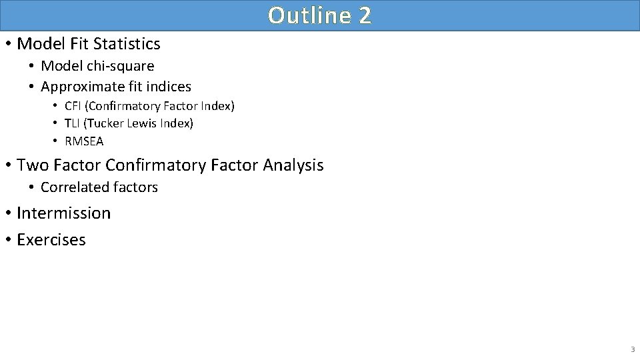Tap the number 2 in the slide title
pos(364,15)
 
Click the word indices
pos(171,87)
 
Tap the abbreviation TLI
pos(73,123)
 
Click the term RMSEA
pos(84,141)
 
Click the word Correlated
pos(72,187)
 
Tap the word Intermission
pos(63,213)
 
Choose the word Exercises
pos(51,240)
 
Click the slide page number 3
pos(632,349)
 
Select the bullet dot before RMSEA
pos(56,141)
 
